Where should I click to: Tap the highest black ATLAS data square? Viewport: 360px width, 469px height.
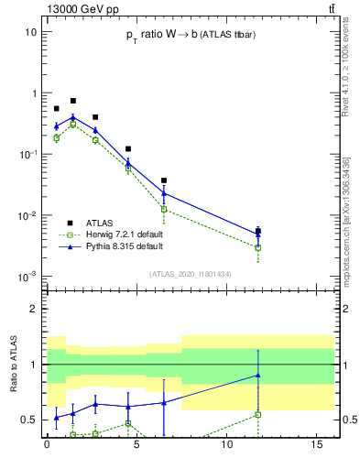73,101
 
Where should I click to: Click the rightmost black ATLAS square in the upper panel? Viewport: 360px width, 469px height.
258,231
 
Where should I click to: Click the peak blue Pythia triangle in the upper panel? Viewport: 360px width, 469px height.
73,116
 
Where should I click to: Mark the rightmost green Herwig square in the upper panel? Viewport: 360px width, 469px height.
258,247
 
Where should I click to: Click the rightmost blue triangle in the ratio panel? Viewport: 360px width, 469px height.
258,375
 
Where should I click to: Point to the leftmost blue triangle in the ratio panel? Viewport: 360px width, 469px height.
56,417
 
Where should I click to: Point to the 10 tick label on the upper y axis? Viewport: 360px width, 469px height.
30,32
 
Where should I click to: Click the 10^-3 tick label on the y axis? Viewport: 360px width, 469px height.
27,277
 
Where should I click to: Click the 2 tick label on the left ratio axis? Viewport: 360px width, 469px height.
33,309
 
